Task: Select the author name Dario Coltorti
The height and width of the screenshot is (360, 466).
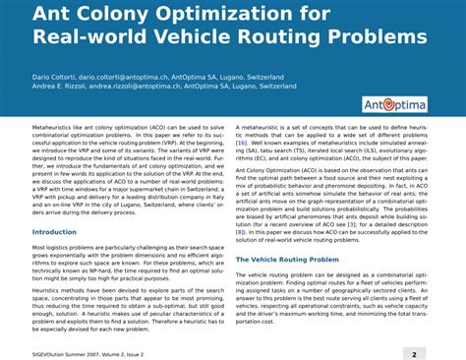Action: click(55, 75)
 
